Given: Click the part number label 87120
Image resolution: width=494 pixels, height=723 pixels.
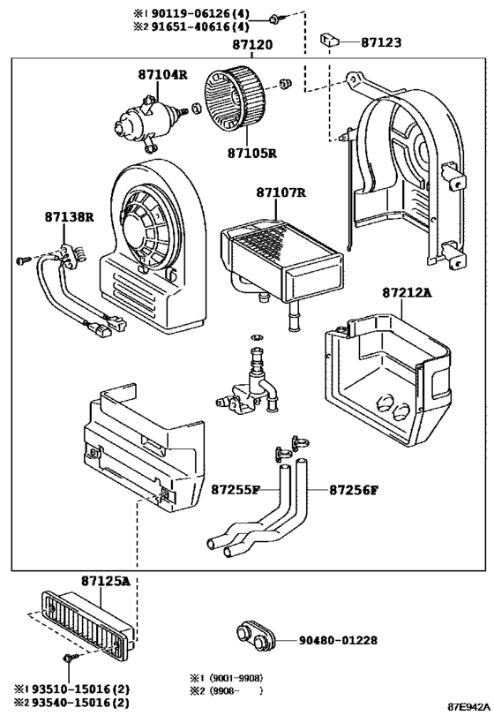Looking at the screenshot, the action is click(x=252, y=45).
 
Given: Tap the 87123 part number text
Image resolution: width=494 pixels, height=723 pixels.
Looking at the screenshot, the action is click(x=381, y=42).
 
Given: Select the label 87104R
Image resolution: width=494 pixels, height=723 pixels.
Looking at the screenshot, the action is click(x=163, y=74).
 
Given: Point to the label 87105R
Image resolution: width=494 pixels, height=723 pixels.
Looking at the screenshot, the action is click(x=252, y=153).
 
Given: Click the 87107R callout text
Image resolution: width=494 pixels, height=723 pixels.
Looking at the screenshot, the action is click(x=281, y=192).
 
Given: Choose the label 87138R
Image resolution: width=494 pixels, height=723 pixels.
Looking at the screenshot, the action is click(x=69, y=216).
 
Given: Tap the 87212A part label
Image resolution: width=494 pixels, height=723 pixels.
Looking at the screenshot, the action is click(x=407, y=292).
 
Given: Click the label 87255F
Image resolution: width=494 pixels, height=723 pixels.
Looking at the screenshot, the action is click(x=236, y=489).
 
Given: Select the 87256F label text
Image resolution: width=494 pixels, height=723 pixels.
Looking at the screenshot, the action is click(x=354, y=489).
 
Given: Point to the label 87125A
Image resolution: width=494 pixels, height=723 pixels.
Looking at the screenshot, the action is click(x=106, y=582).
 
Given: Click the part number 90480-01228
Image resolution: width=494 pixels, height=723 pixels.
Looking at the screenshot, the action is click(x=338, y=640).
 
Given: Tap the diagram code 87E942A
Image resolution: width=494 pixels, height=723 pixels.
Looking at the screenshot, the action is click(x=468, y=706).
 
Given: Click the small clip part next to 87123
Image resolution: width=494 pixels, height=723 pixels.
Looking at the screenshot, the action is click(x=329, y=41).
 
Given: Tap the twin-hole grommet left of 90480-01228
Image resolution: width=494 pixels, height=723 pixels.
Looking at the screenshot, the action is click(x=256, y=636).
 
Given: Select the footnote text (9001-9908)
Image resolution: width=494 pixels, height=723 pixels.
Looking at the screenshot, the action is click(x=236, y=678).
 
